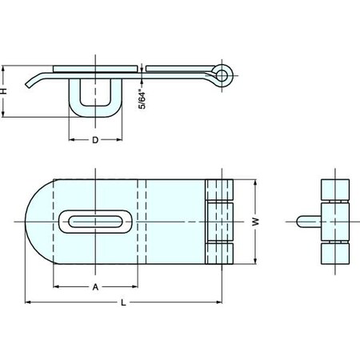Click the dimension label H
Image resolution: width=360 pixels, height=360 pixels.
[6, 91]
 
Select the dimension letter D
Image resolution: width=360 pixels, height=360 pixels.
[94, 140]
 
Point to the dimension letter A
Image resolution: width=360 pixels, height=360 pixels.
[94, 286]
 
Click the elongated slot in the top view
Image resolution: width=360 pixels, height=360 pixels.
[94, 221]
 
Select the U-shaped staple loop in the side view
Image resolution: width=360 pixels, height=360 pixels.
[94, 100]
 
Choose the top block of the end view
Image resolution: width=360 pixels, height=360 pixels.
[334, 190]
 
